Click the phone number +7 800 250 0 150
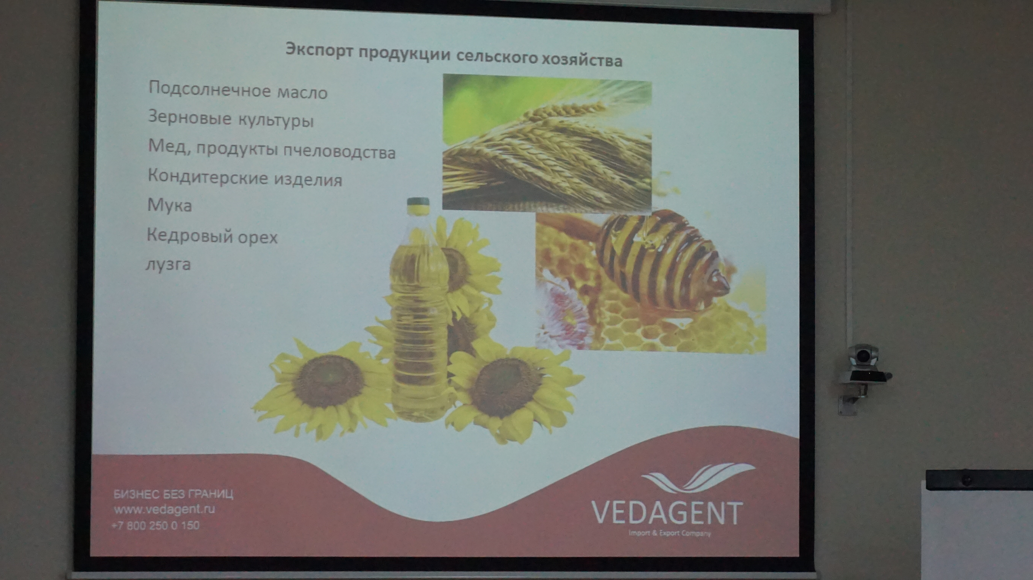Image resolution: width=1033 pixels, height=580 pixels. click(156, 525)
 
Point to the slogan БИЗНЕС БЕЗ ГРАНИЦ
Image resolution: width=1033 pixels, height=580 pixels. click(174, 494)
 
